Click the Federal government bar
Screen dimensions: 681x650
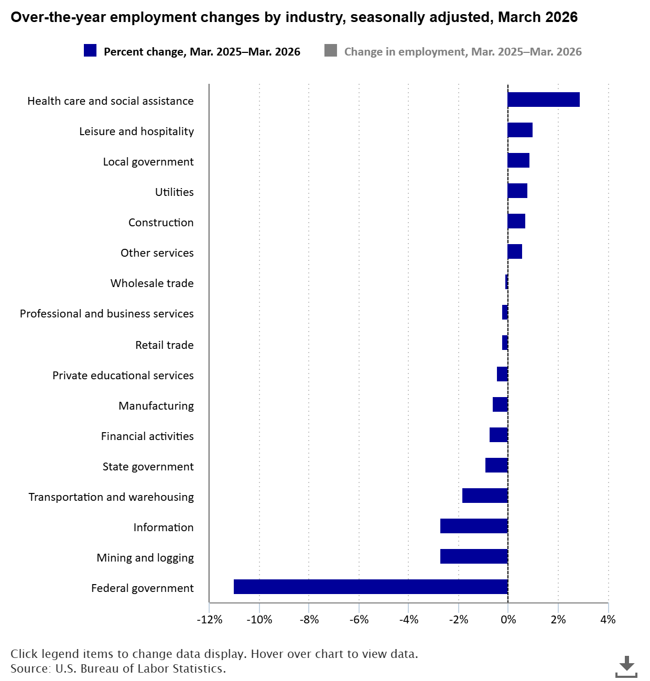pos(371,587)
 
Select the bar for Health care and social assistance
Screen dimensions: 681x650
pos(544,100)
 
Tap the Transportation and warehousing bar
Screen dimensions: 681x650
pos(485,496)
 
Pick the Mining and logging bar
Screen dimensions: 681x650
pos(474,556)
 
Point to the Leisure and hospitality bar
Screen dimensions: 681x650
pos(520,130)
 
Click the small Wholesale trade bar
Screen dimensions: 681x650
pos(506,282)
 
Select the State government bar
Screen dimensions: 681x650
pos(496,465)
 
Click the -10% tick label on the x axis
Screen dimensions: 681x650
pos(259,620)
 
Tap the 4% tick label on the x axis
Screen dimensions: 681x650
pos(608,620)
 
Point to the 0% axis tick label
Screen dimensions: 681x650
pos(507,620)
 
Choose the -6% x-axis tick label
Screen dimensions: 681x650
pos(359,620)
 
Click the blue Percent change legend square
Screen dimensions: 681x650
pos(90,51)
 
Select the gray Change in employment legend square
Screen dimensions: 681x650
pos(331,51)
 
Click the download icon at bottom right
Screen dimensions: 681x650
pos(626,666)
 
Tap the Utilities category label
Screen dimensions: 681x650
pos(174,192)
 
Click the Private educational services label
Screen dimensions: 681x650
pos(123,376)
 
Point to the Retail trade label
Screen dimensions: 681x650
pos(164,345)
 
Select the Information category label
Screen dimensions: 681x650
pos(163,528)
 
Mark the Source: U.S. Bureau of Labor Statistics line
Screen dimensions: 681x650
pos(118,669)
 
